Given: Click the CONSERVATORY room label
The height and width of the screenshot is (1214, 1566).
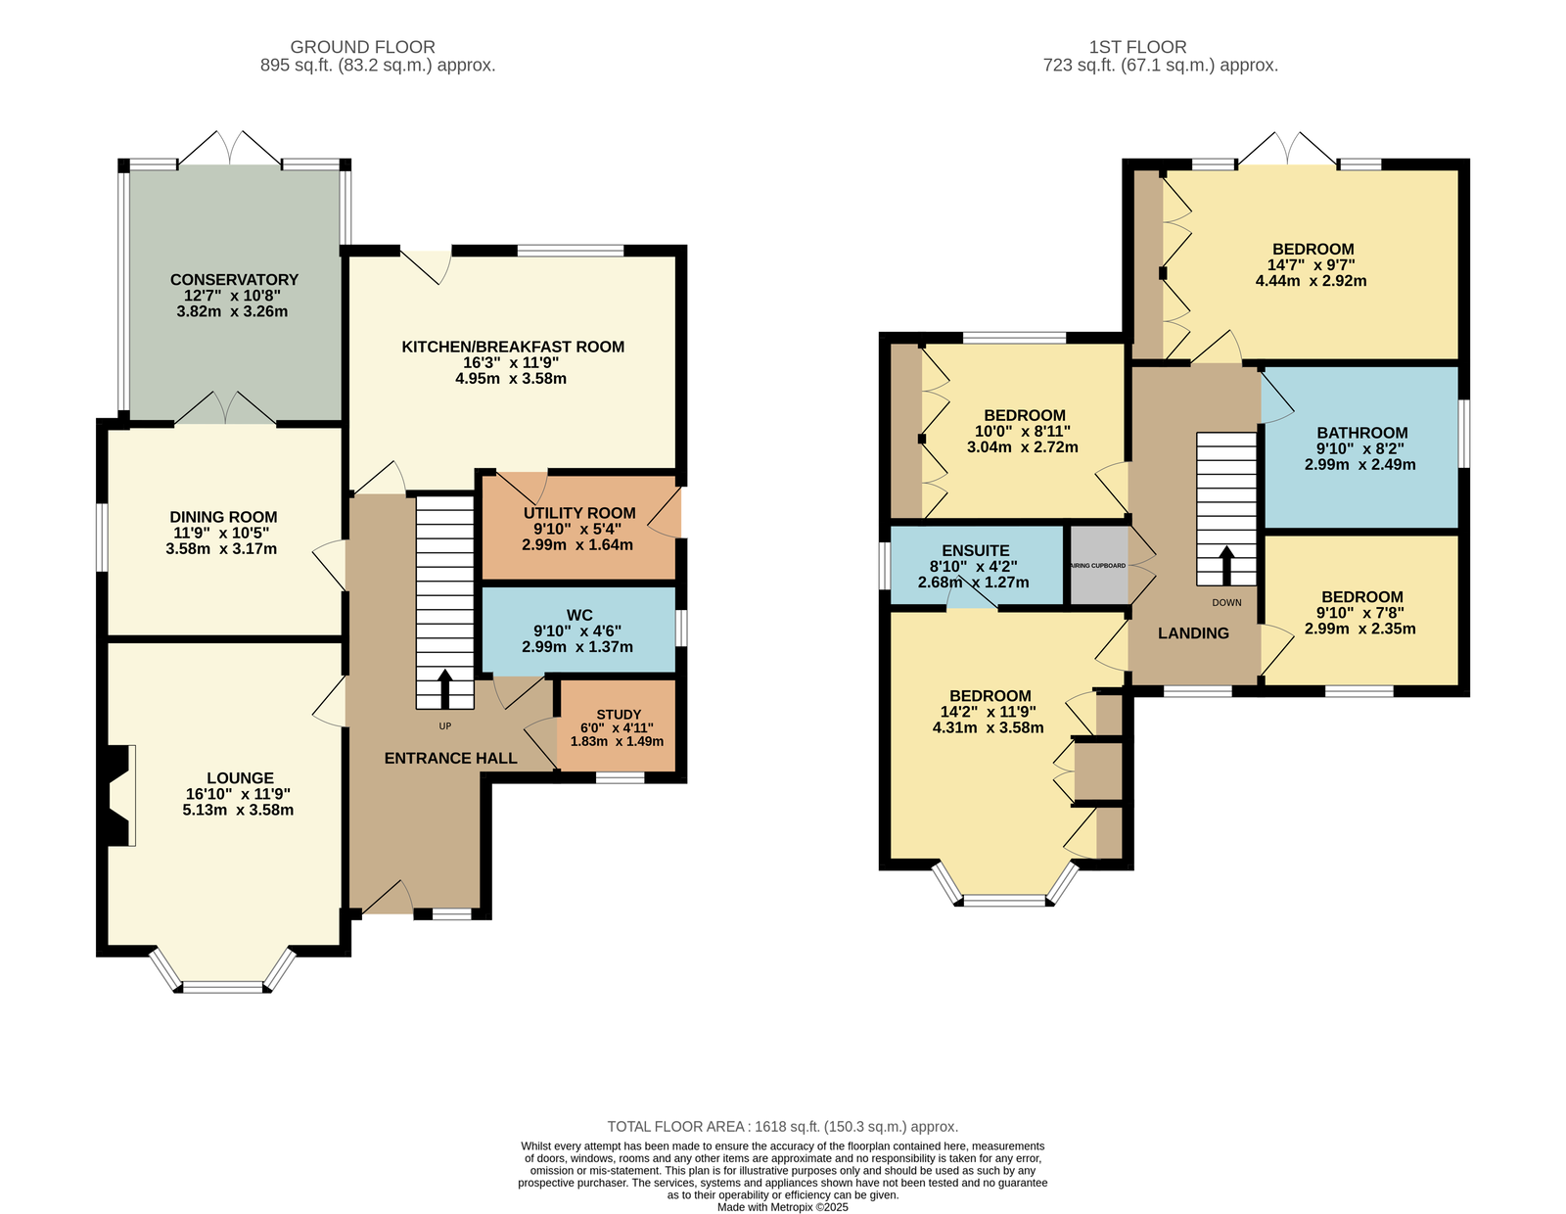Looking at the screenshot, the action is click(x=234, y=280).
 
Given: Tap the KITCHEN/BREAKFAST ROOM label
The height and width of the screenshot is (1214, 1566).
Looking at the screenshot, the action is click(x=513, y=347).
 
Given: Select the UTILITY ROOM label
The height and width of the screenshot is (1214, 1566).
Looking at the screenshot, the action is click(x=579, y=513).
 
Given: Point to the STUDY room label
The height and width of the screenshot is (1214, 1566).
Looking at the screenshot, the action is click(x=619, y=715).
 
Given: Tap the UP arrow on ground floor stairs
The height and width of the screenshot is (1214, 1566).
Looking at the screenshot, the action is click(x=444, y=689).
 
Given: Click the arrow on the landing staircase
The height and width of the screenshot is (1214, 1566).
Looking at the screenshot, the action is click(x=1225, y=565).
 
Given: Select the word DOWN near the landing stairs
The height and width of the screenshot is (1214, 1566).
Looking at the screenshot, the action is click(x=1226, y=603).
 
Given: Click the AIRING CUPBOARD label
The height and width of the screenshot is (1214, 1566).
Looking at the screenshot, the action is click(x=1097, y=566).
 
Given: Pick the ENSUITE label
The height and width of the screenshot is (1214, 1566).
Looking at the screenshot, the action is click(x=976, y=551).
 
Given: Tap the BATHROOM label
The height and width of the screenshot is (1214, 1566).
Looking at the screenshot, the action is click(x=1362, y=434).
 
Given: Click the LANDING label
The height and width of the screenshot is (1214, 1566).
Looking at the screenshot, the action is click(x=1193, y=633).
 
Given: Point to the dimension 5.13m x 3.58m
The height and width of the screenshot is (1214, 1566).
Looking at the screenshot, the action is click(x=238, y=810).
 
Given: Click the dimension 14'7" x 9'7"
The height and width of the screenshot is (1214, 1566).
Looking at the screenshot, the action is click(x=1311, y=265).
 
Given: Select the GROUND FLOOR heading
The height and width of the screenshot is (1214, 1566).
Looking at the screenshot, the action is click(x=362, y=47).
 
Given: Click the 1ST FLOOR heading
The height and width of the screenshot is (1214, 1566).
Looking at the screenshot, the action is click(x=1137, y=47).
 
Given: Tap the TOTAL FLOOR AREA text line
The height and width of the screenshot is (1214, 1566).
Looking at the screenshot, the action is click(x=783, y=1127).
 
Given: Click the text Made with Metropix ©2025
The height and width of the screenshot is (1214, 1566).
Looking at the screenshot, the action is click(x=783, y=1207).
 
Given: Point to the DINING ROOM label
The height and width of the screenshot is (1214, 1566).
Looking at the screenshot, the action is click(x=223, y=517).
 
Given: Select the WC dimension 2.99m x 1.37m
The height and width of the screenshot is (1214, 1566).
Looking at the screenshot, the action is click(x=577, y=646).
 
